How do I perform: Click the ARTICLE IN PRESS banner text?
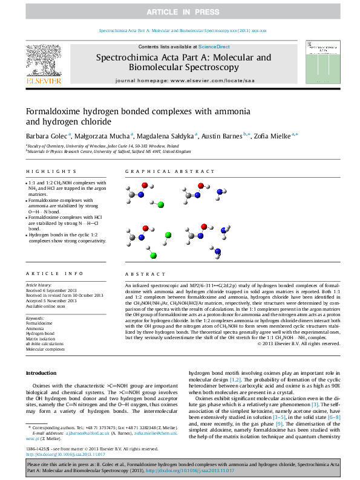point(180,11)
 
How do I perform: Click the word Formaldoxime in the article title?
point(52,112)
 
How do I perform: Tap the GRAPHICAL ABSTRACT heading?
point(162,172)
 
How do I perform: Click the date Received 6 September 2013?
point(51,290)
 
